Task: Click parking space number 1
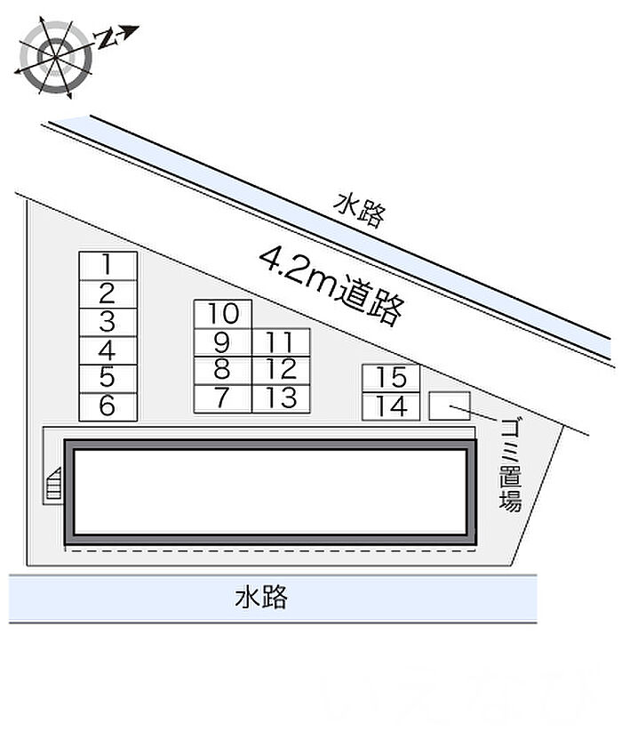coord(108,265)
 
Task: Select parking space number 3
coord(108,322)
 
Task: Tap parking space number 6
coord(108,406)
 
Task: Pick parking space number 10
coord(223,314)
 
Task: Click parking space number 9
coord(222,342)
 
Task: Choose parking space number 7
coord(222,398)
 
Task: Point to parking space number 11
coord(281,342)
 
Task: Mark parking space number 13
coord(281,398)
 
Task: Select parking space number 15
coord(391,378)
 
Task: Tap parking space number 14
coord(391,406)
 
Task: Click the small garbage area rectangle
coord(450,406)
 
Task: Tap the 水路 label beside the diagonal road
coord(360,211)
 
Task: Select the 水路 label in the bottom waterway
coord(261,597)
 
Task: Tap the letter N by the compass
coord(108,38)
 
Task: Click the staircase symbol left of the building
coord(52,485)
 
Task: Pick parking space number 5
coord(108,378)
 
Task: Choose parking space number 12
coord(281,370)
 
